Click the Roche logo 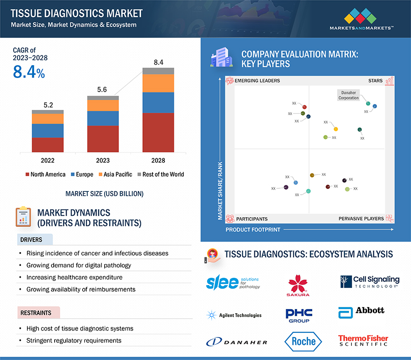304,341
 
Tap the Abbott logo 361,312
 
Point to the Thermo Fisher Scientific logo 363,340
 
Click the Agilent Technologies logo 234,315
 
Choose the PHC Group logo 299,315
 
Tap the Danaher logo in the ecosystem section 236,342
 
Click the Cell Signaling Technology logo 370,281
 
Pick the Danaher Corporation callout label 349,96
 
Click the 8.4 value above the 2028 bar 158,62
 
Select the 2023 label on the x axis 103,160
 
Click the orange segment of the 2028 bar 158,83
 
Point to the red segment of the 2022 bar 48,145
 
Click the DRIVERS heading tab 31,240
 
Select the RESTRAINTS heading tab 36,313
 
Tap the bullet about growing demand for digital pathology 79,265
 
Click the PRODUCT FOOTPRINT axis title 253,229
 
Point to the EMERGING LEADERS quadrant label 257,81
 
